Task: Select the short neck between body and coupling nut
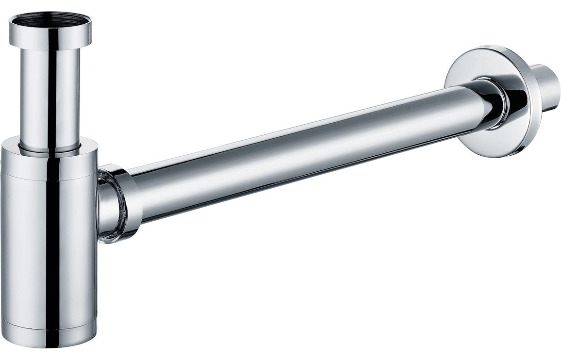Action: tap(103, 204)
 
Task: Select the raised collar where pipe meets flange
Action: tap(495, 104)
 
